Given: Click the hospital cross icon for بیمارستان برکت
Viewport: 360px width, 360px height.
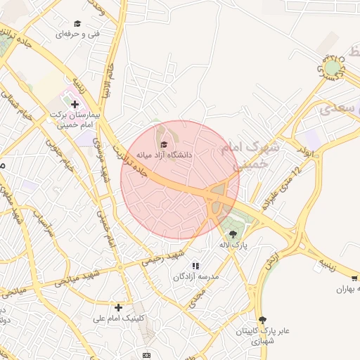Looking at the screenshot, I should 75,104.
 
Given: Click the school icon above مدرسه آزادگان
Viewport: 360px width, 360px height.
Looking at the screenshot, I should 195,266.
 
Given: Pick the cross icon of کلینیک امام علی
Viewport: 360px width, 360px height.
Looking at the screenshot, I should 118,307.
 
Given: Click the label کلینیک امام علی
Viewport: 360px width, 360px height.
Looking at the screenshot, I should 118,318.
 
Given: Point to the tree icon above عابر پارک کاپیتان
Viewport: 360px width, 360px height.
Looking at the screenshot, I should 262,320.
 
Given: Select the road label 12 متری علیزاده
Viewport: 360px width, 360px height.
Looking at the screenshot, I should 281,191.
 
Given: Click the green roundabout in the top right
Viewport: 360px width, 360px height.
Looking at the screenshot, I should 332,67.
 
